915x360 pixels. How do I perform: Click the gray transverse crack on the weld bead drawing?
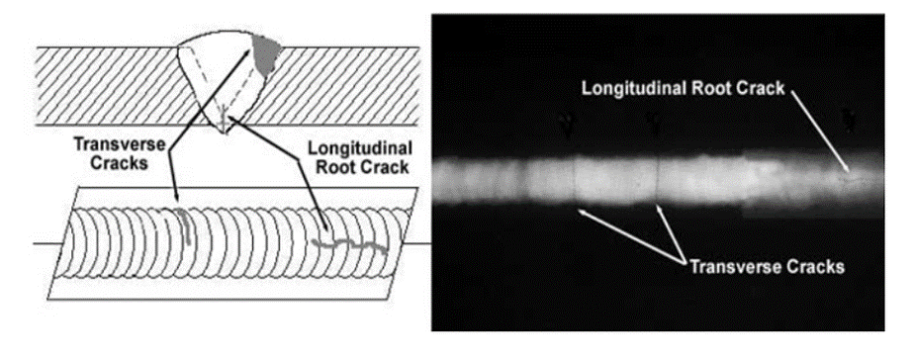pyautogui.click(x=186, y=225)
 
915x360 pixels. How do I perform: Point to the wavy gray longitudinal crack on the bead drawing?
pyautogui.click(x=350, y=244)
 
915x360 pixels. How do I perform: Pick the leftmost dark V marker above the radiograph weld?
pyautogui.click(x=564, y=124)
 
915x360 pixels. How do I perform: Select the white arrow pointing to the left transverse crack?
pyautogui.click(x=631, y=237)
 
